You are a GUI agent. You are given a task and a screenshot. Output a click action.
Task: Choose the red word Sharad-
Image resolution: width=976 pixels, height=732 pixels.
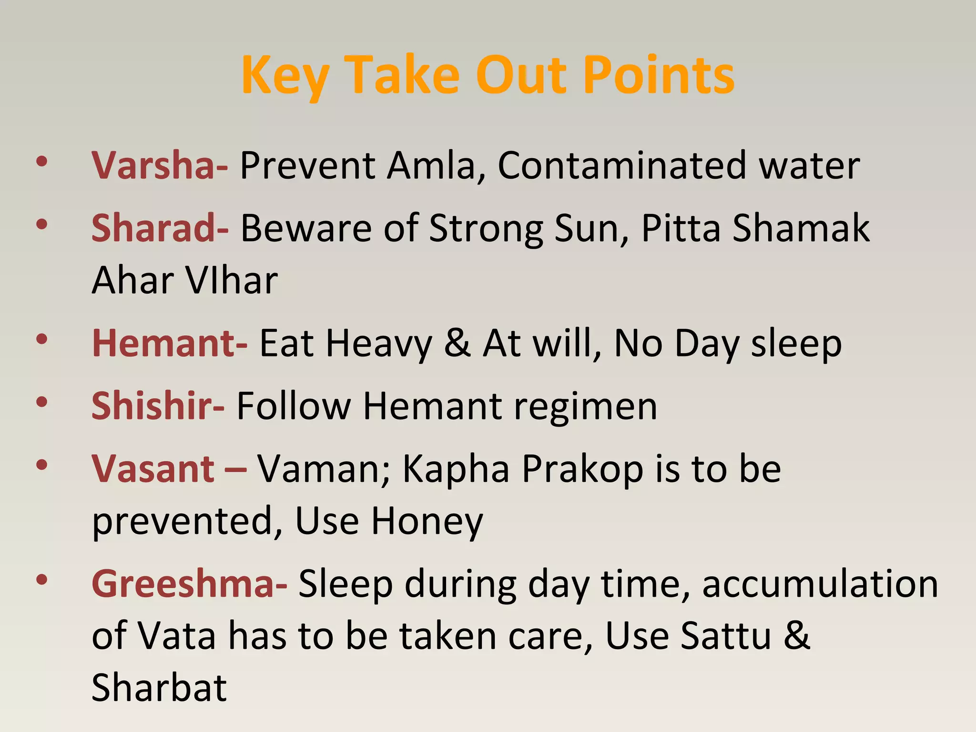(x=160, y=228)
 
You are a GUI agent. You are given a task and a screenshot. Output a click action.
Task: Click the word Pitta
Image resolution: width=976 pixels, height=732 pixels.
(x=681, y=228)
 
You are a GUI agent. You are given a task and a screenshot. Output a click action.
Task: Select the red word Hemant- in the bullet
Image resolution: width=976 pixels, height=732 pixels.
(x=169, y=343)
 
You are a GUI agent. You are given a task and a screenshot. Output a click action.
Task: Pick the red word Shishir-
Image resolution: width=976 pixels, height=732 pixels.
(x=157, y=406)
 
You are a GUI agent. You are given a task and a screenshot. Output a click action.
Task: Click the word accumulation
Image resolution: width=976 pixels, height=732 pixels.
(x=820, y=584)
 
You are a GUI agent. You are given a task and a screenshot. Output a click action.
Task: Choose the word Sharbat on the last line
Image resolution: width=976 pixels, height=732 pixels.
(x=159, y=688)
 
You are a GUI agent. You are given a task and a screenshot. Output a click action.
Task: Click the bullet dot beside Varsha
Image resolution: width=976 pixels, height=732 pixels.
(x=42, y=162)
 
